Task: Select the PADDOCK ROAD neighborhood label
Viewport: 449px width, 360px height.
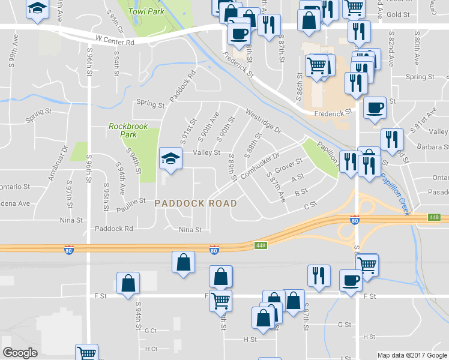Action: tap(196, 203)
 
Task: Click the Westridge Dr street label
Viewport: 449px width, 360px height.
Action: tap(263, 119)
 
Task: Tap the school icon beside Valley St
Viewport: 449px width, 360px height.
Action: tap(170, 158)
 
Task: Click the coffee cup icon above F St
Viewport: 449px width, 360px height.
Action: tap(351, 279)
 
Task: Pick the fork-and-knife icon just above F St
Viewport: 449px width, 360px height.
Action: tap(318, 275)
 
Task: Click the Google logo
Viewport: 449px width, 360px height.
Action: tap(20, 353)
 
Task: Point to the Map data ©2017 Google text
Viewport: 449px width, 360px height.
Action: tap(411, 355)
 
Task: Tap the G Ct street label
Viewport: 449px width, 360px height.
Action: tap(149, 331)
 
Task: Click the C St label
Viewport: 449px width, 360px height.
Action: tap(310, 206)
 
